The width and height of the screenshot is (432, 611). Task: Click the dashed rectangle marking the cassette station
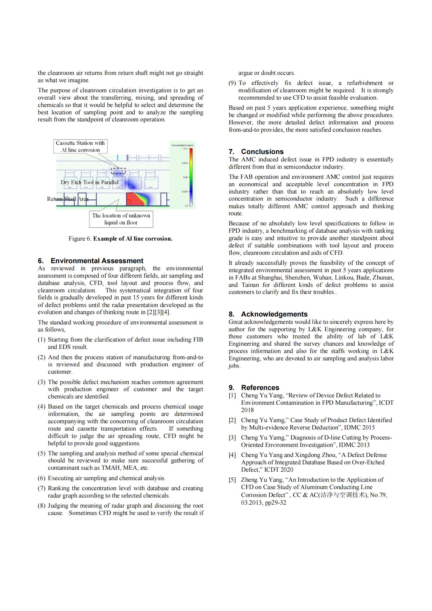click(x=118, y=171)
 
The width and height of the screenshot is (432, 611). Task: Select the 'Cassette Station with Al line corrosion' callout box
click(x=80, y=146)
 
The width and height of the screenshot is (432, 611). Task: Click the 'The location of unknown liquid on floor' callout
click(x=121, y=219)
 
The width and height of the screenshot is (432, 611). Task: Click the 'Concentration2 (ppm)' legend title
click(x=182, y=145)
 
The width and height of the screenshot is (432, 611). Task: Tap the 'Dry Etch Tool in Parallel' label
click(x=90, y=182)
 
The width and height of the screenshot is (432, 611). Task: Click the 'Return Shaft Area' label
click(x=68, y=199)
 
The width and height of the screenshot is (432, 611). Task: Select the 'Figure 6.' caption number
click(x=80, y=239)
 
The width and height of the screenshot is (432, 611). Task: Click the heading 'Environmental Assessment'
click(x=97, y=261)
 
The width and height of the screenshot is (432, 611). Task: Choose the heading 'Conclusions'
click(x=262, y=152)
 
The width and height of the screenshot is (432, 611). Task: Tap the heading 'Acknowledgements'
click(x=274, y=314)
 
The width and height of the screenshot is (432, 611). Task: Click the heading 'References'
click(x=260, y=388)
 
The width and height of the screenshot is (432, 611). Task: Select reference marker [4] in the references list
click(x=232, y=455)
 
